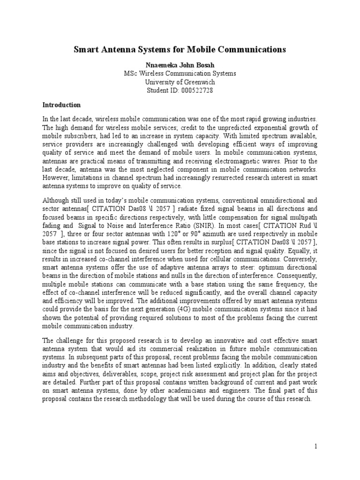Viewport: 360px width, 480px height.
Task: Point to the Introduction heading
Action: pyautogui.click(x=61, y=105)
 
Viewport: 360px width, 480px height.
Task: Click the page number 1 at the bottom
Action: pyautogui.click(x=316, y=446)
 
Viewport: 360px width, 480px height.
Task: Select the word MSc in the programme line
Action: pyautogui.click(x=131, y=73)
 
